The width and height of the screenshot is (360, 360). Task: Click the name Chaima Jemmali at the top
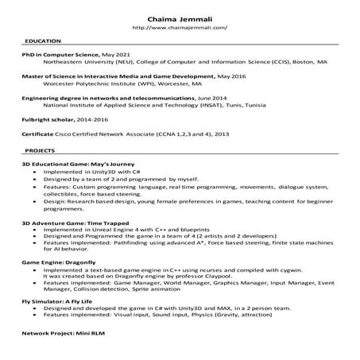click(x=180, y=17)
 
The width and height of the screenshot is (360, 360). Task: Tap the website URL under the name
click(x=180, y=27)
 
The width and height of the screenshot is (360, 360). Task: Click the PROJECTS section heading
click(x=39, y=149)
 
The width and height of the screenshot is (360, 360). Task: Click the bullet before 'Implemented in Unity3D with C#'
click(x=34, y=171)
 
